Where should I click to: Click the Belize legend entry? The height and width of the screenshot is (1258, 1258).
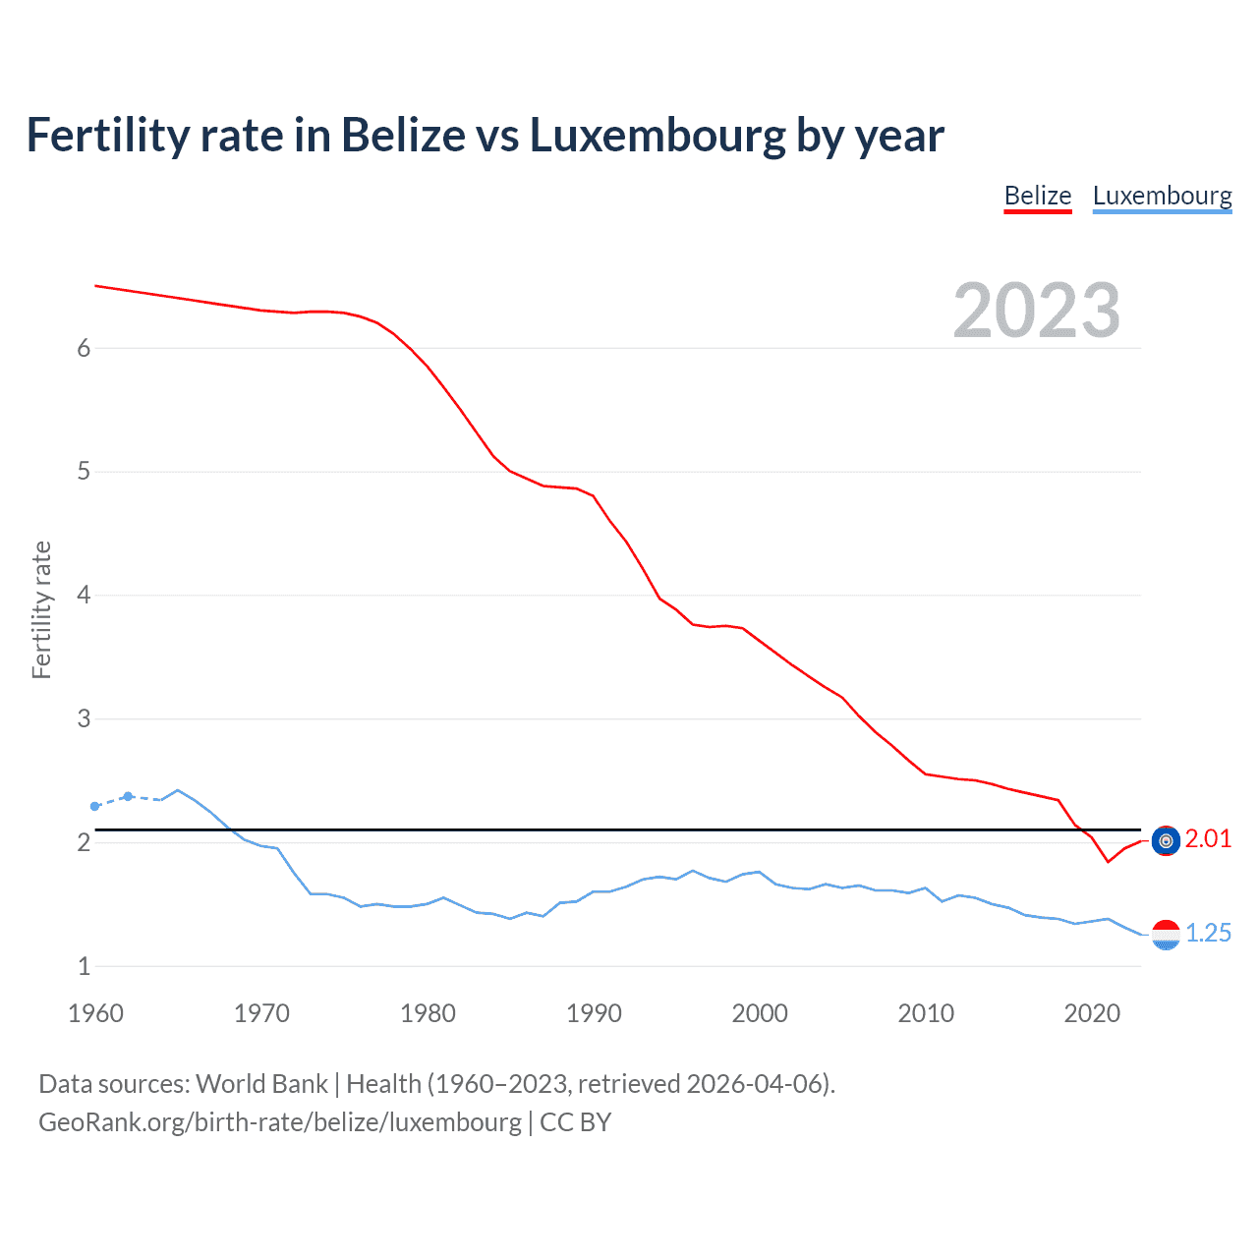point(1037,196)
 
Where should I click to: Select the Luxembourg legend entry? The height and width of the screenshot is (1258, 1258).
point(1162,196)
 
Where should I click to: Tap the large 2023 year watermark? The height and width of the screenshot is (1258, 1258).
point(1036,311)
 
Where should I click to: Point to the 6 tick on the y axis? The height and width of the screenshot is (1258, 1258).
point(84,348)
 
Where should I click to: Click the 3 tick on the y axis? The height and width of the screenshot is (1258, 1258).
point(84,718)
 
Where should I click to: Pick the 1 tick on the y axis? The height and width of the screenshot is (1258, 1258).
point(84,966)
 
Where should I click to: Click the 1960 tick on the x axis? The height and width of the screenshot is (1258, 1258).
point(95,1013)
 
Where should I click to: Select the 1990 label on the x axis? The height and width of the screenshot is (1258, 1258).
point(594,1013)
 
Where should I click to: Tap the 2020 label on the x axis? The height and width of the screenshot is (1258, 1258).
point(1092,1013)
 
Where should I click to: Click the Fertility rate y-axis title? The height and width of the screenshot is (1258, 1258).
point(41,609)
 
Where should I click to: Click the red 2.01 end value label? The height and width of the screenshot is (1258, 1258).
point(1208,838)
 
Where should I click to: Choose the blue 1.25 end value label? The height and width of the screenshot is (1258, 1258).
point(1208,933)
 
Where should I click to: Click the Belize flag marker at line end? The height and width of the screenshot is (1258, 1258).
point(1166,840)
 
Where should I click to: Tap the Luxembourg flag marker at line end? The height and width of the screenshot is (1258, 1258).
point(1166,935)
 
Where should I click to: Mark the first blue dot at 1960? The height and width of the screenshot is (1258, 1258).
point(95,806)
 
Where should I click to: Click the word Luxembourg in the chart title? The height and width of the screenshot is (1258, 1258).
point(657,136)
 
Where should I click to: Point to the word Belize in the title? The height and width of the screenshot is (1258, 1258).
point(403,136)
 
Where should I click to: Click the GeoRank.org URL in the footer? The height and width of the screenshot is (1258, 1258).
point(280,1121)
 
